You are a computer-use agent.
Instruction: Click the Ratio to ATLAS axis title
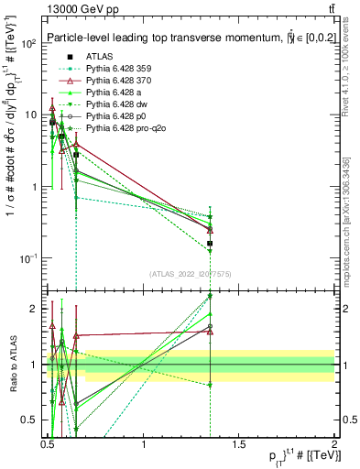[x=12, y=364]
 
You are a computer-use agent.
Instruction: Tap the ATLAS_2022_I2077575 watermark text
[x=191, y=274]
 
